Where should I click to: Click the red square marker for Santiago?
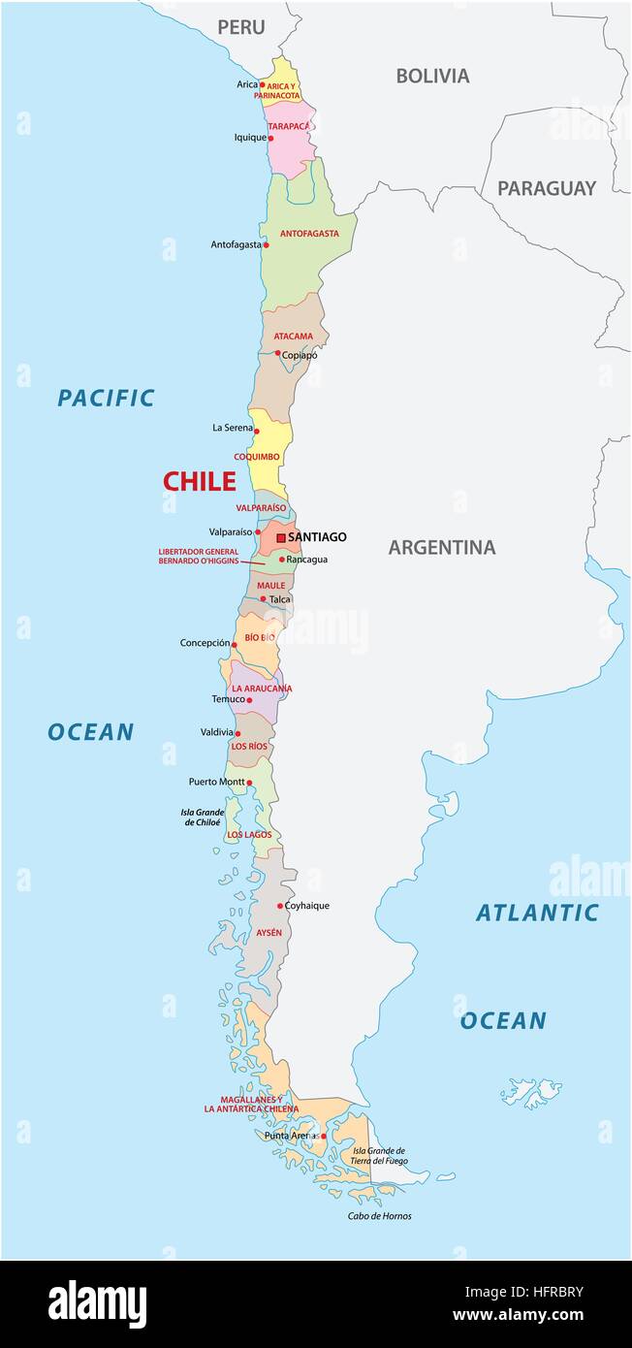(281, 537)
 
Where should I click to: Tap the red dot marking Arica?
(263, 84)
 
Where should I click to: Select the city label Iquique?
(250, 138)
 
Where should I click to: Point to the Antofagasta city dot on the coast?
(266, 244)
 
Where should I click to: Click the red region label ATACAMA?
(293, 337)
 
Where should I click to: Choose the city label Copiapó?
(300, 355)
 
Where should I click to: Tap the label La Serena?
(233, 428)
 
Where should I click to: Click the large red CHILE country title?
(199, 481)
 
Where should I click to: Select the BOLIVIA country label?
(432, 76)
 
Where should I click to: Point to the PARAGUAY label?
(547, 188)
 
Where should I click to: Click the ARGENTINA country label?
(442, 548)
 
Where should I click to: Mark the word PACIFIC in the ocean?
(106, 398)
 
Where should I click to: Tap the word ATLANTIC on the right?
(537, 913)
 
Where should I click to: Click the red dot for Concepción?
(234, 644)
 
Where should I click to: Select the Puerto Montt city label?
(216, 782)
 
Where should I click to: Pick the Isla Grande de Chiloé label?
(204, 818)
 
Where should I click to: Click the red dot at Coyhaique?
(280, 906)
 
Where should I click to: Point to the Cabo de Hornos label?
(380, 1216)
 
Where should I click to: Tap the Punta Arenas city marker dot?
(324, 1136)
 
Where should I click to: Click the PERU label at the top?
(240, 27)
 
